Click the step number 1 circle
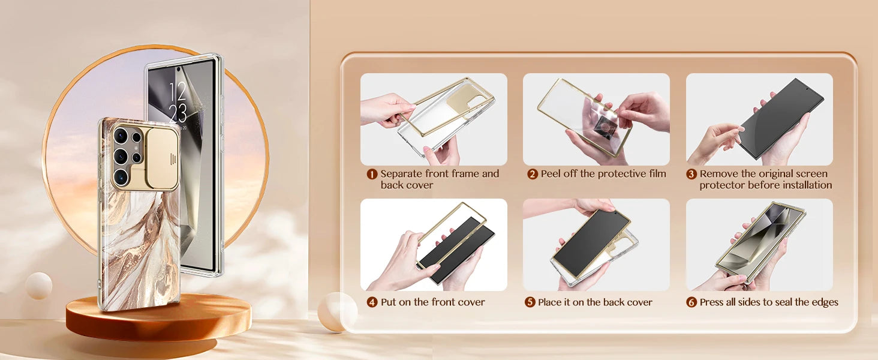point(372,174)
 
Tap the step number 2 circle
point(533,174)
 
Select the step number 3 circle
point(691,174)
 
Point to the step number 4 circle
point(372,302)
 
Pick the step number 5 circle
point(530,302)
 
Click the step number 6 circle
point(691,302)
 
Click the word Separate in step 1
point(401,174)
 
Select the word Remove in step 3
point(719,174)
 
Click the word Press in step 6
point(712,302)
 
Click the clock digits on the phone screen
point(178,102)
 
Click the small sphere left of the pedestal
point(39,286)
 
